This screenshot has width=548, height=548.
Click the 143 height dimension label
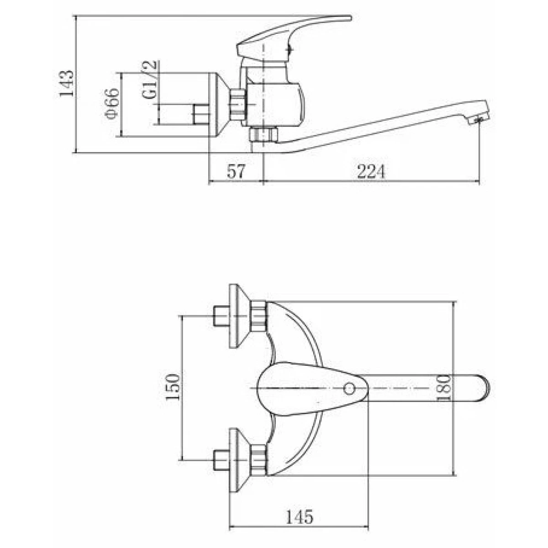tap(67, 84)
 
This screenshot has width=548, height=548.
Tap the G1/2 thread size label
tap(150, 79)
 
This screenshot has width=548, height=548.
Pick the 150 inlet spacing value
tap(173, 388)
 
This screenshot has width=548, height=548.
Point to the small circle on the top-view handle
tap(349, 388)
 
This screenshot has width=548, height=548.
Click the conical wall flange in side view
tap(219, 105)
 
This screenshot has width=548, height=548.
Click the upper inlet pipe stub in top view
tap(221, 316)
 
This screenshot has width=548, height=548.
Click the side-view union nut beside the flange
tap(238, 105)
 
